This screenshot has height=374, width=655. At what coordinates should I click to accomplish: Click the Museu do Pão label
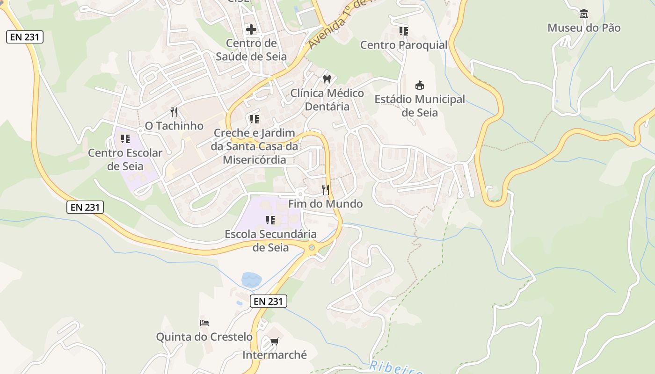pos(584,28)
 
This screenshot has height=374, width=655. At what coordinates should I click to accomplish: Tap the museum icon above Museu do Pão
pos(584,14)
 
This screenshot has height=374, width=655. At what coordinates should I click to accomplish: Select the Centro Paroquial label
pos(404,45)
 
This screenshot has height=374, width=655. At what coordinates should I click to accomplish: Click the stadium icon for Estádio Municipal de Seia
pos(420,86)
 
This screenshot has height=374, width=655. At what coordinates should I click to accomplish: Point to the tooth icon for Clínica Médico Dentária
pos(327,79)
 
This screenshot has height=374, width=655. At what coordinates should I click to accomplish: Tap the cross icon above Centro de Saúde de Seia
pos(251,29)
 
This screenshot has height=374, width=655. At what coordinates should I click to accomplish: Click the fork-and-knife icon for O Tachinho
pos(174,112)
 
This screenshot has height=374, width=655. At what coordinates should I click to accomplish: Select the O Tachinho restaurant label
pos(174,126)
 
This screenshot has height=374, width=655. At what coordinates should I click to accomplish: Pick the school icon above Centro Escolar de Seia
pos(125,139)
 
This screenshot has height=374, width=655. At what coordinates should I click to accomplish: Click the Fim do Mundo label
pos(325,204)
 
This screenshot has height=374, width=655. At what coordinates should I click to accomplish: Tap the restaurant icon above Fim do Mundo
pos(326,190)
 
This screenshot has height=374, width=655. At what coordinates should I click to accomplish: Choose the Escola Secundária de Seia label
pos(270,240)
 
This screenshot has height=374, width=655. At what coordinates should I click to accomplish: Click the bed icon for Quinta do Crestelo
pos(204,323)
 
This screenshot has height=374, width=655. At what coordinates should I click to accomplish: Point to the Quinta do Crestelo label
pos(204,337)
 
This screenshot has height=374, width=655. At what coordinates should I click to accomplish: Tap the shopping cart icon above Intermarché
pos(275,341)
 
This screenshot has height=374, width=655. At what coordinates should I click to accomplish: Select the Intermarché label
pos(275,355)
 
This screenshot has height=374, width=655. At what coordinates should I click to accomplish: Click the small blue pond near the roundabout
pos(251,280)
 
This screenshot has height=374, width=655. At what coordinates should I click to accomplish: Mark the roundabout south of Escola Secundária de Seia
pos(311,247)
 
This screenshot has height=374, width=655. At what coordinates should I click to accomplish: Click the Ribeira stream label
pos(395,368)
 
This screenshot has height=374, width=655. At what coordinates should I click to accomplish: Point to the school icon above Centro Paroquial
pos(403,31)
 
